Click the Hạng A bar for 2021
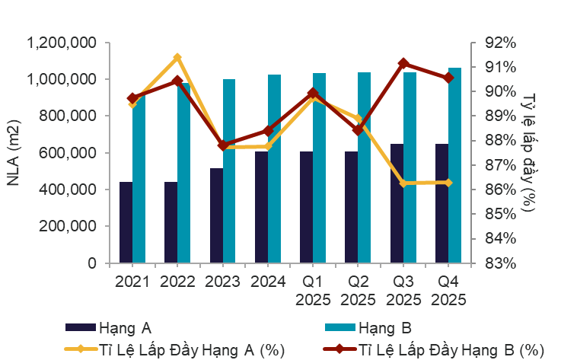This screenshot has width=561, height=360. point(126,222)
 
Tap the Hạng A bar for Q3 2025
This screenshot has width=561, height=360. point(397,203)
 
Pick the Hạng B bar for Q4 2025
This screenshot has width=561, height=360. point(454,165)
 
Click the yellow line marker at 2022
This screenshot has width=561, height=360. point(177,58)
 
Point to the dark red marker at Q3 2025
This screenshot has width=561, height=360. point(403,64)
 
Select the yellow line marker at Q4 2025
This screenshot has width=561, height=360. point(448,183)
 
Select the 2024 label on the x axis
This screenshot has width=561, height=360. point(267,282)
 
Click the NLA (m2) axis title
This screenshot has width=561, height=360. point(15,152)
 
